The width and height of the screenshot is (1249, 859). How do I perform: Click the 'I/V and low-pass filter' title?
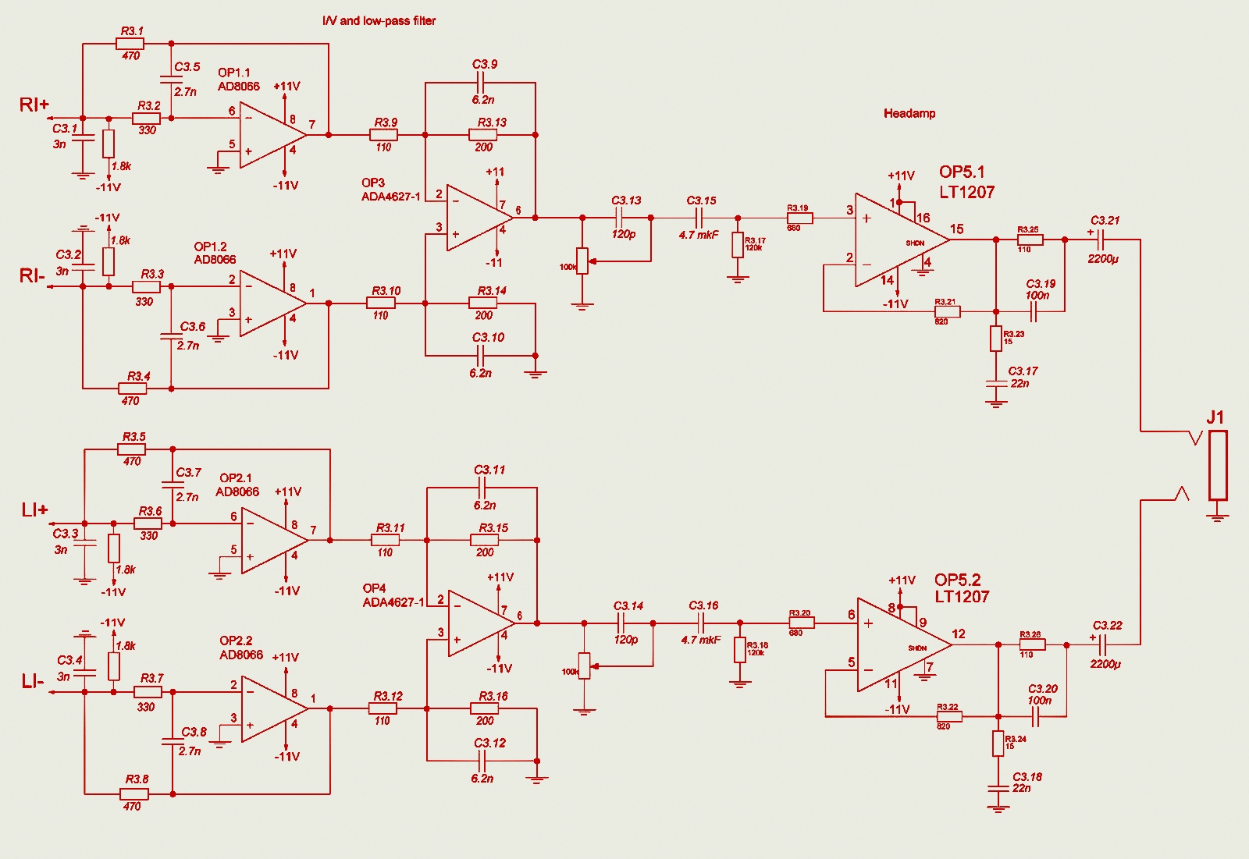(379, 21)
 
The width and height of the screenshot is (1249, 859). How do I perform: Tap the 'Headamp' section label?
(909, 113)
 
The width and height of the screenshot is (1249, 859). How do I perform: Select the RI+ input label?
(34, 105)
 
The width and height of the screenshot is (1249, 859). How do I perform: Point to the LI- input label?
(33, 682)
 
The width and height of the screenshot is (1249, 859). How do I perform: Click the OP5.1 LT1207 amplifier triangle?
(898, 240)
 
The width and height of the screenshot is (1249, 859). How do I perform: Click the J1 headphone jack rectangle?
(1217, 465)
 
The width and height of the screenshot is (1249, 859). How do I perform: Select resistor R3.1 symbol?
(130, 44)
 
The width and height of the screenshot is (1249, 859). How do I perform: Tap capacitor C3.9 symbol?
(481, 83)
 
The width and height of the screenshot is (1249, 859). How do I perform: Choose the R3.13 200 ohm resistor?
(483, 135)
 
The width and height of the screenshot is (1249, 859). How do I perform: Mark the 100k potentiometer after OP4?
(584, 666)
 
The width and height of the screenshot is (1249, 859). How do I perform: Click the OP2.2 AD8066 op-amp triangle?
(273, 708)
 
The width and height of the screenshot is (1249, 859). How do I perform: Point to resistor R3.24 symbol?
(998, 744)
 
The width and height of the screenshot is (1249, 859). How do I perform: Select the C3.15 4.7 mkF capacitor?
(699, 218)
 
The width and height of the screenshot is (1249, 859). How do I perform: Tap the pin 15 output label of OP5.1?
(957, 229)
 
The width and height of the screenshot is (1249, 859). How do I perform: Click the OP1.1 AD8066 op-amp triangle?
(273, 135)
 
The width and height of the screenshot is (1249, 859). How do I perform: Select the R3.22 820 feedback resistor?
(948, 716)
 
